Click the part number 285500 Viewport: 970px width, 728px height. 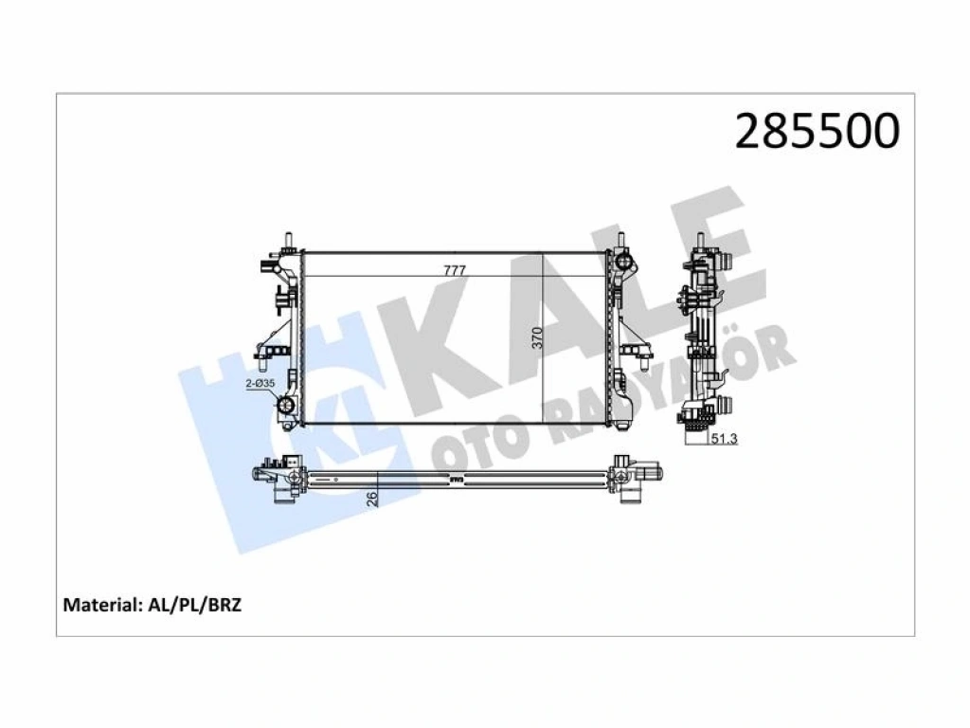(x=817, y=131)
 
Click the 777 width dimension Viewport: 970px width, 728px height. (x=454, y=270)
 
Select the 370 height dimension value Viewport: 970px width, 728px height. (x=537, y=338)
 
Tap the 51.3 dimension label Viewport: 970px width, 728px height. (x=724, y=439)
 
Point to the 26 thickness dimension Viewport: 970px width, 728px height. (x=371, y=499)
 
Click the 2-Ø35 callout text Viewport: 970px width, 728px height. (x=260, y=384)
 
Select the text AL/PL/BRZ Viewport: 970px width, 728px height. (x=195, y=605)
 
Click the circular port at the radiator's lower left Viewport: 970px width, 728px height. (x=286, y=406)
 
